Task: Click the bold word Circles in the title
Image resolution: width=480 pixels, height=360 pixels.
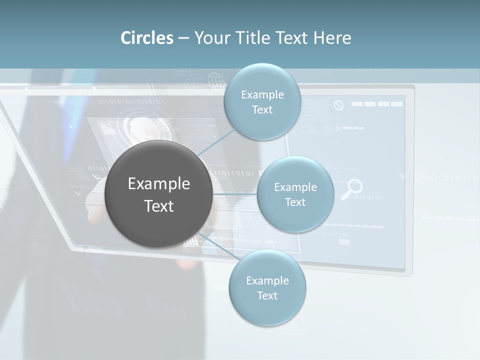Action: pos(147,38)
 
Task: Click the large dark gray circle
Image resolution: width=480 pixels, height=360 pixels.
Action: pos(159,194)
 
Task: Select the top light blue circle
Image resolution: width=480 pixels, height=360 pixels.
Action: pos(262,102)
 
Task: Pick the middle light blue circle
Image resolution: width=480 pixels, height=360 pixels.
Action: pos(295,194)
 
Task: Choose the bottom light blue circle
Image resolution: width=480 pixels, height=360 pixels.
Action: pos(267,288)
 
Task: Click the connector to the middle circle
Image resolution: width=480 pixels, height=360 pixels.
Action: pos(235,194)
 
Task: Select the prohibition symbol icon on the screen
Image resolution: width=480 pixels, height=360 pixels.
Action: pos(339,105)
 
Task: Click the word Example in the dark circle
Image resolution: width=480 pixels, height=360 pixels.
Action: pos(159,184)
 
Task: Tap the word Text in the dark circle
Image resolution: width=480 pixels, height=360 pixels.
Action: pos(159,206)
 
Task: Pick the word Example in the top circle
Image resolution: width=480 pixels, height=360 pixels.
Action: pos(262,94)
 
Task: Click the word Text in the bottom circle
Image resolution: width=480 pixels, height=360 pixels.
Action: pos(267,295)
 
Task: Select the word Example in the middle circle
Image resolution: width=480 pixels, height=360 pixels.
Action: pos(295,187)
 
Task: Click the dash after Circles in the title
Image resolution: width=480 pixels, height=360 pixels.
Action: pos(183,38)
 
